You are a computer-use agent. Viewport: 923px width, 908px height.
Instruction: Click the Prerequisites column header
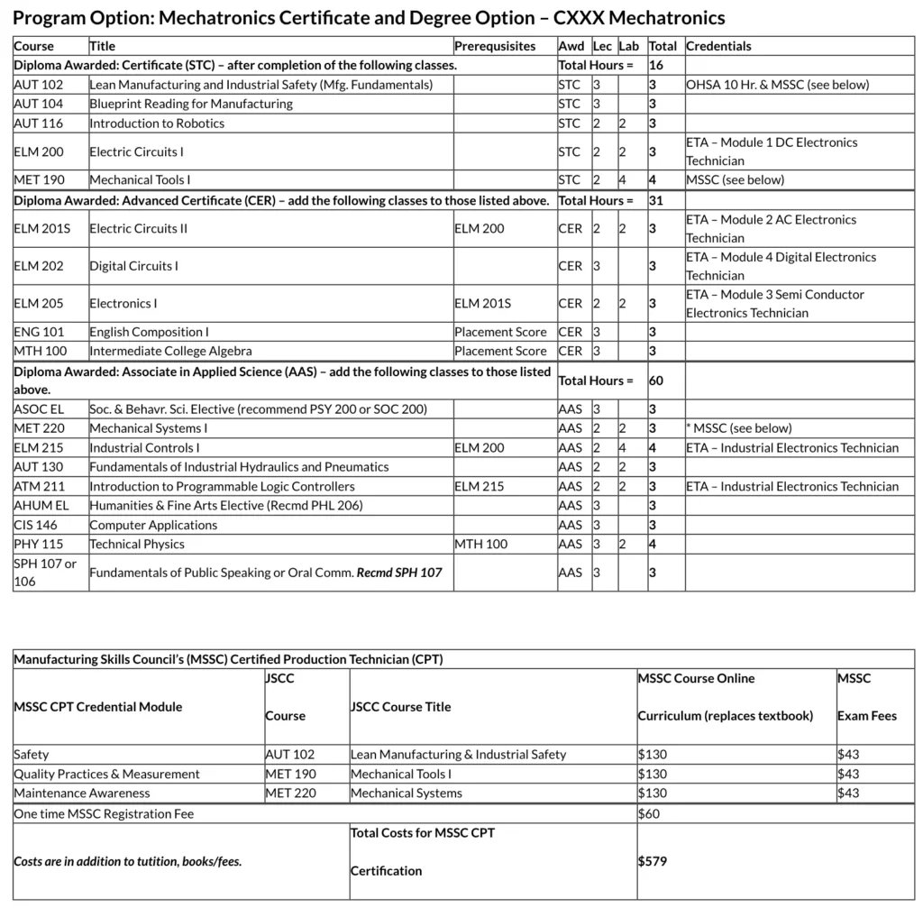click(494, 46)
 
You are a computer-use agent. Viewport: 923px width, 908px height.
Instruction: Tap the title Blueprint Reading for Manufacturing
click(191, 104)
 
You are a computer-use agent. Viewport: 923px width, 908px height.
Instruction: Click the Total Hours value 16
click(656, 65)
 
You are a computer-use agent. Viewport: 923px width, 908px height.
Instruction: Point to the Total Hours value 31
click(656, 200)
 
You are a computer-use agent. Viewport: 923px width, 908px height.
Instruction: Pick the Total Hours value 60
click(656, 381)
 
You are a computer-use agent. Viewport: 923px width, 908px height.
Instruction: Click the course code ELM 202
click(39, 266)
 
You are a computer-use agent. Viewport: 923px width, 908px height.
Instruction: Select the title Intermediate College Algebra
click(170, 351)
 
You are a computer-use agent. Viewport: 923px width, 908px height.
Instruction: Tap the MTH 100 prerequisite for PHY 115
click(480, 544)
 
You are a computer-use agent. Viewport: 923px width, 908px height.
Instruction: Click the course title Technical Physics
click(137, 544)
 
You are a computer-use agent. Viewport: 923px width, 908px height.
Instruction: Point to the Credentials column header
click(718, 46)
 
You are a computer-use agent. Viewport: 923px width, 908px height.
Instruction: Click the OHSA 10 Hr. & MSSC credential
click(777, 85)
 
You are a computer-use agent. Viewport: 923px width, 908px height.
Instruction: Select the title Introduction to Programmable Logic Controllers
click(222, 487)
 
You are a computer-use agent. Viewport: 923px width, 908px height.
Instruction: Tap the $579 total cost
click(653, 861)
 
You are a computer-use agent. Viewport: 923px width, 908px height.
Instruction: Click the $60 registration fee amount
click(649, 814)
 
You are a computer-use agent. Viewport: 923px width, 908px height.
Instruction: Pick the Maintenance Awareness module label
click(82, 793)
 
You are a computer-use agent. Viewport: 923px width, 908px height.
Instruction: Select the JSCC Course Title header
click(400, 707)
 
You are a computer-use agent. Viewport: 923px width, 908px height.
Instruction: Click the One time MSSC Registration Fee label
click(104, 814)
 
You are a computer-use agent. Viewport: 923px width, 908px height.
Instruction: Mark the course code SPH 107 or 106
click(45, 573)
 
